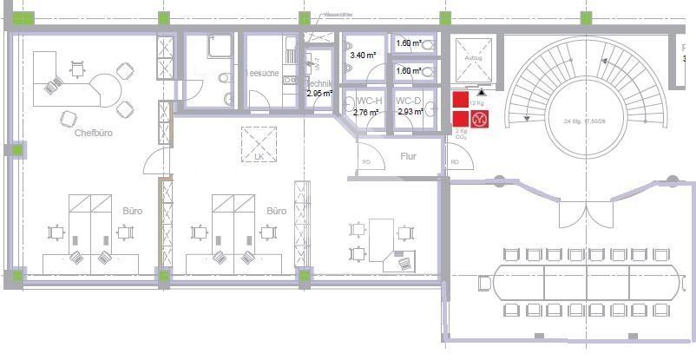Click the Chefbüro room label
point(94,134)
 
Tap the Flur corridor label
point(409,157)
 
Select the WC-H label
point(369,101)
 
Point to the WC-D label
point(409,101)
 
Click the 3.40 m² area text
point(363,55)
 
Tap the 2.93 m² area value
point(410,112)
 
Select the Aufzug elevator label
point(473,57)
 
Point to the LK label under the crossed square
point(259,157)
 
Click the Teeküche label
point(261,74)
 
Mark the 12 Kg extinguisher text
point(477,102)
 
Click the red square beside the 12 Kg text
point(460,101)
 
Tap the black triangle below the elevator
point(481,90)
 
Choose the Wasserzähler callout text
point(337,15)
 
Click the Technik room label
point(320,83)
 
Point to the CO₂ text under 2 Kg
point(461,137)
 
